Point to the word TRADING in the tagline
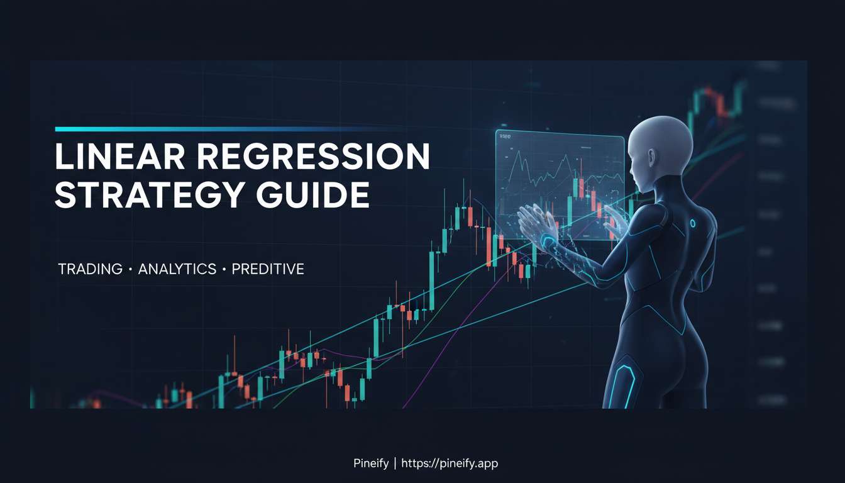pyautogui.click(x=90, y=269)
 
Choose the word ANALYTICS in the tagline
pyautogui.click(x=177, y=269)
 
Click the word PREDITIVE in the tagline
pyautogui.click(x=268, y=269)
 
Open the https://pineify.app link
pyautogui.click(x=450, y=464)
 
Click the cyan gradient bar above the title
pyautogui.click(x=189, y=129)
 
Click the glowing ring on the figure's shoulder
pyautogui.click(x=692, y=223)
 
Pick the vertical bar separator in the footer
pyautogui.click(x=395, y=464)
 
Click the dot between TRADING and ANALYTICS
pyautogui.click(x=130, y=270)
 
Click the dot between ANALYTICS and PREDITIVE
pyautogui.click(x=224, y=270)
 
